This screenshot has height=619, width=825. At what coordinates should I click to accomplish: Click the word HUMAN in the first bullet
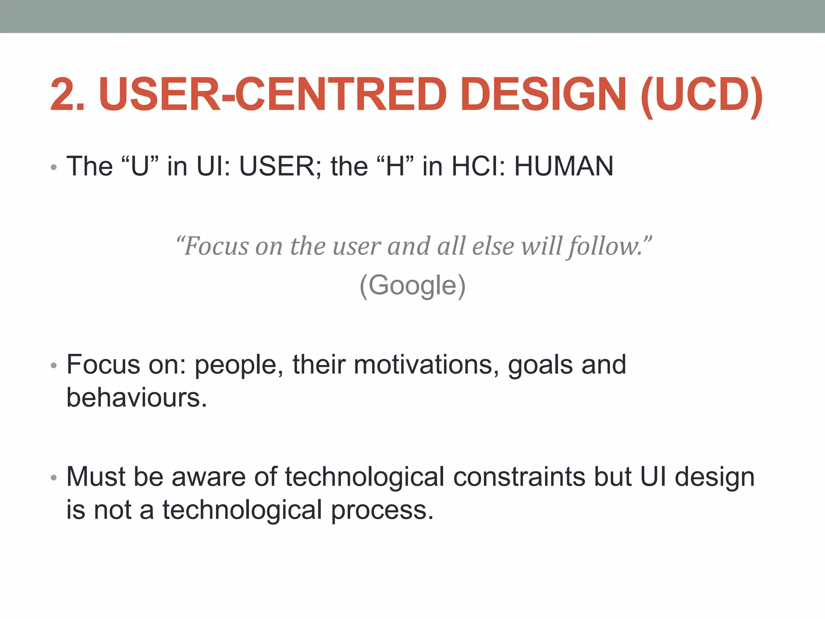click(564, 166)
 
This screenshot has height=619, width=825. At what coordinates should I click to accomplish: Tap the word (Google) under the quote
click(412, 285)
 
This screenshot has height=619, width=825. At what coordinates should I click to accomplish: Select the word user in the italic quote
click(357, 247)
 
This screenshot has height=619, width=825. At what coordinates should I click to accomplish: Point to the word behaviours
click(137, 398)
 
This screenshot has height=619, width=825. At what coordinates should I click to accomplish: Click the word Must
click(96, 477)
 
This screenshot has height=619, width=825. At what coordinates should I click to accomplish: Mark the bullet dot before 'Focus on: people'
click(54, 366)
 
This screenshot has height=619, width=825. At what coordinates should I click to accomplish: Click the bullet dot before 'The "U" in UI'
click(54, 167)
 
